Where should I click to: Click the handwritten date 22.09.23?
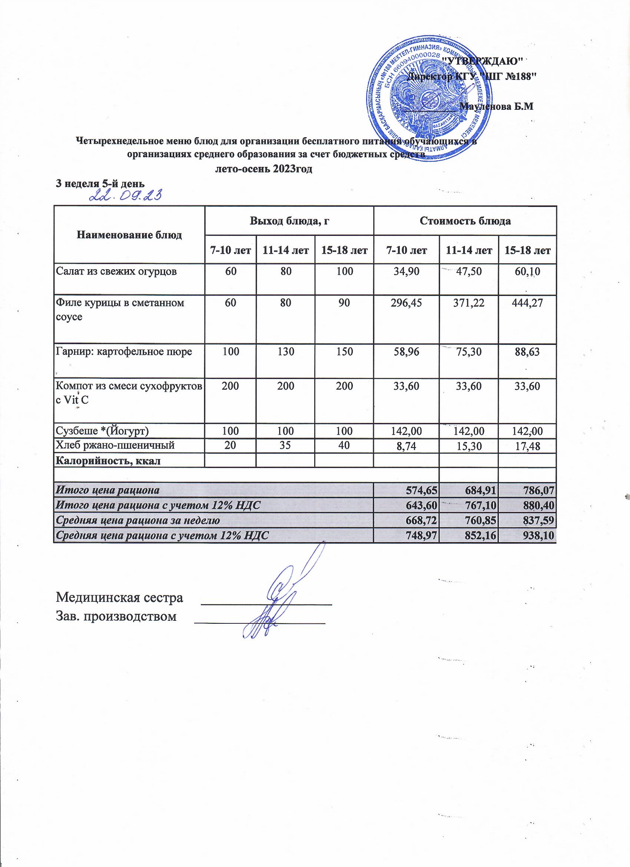(x=126, y=197)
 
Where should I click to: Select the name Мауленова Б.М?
(x=496, y=107)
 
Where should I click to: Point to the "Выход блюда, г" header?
(x=289, y=221)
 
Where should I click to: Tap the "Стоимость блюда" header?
(x=465, y=221)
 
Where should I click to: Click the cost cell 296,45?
(x=407, y=303)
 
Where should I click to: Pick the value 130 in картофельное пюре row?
(x=286, y=351)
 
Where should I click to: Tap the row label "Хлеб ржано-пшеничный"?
(x=116, y=444)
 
